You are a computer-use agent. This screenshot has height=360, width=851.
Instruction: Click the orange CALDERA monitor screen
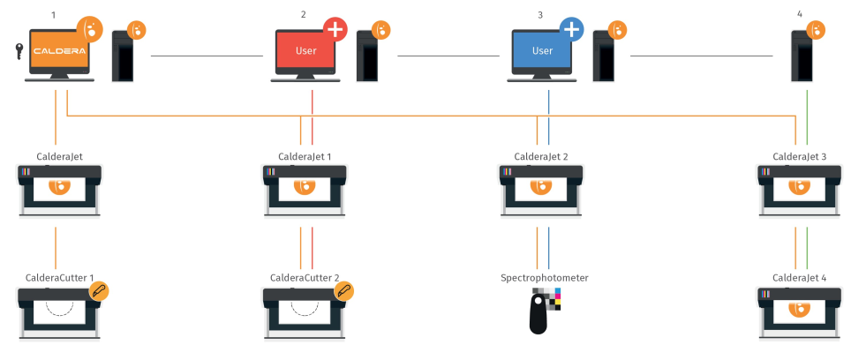pyautogui.click(x=59, y=51)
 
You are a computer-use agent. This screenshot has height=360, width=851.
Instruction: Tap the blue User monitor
pyautogui.click(x=542, y=51)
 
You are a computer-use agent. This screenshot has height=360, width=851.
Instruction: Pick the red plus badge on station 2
pyautogui.click(x=335, y=29)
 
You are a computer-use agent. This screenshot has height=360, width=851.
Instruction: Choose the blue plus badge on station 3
pyautogui.click(x=571, y=29)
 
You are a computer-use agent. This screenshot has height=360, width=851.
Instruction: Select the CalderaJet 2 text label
pyautogui.click(x=541, y=156)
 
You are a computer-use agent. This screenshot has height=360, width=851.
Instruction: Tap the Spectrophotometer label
pyautogui.click(x=544, y=278)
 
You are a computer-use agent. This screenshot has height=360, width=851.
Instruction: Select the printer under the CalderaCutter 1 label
pyautogui.click(x=59, y=311)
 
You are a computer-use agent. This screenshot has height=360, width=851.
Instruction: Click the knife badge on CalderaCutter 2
pyautogui.click(x=345, y=290)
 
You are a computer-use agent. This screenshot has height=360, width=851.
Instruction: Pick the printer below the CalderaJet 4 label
pyautogui.click(x=800, y=311)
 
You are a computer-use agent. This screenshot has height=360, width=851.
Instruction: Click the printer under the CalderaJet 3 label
pyautogui.click(x=800, y=189)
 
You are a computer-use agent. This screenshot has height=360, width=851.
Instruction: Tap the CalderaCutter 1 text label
pyautogui.click(x=59, y=278)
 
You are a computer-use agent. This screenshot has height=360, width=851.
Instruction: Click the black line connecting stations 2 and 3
pyautogui.click(x=448, y=56)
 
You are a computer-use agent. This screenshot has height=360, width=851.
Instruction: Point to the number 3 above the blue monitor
pyautogui.click(x=540, y=14)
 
